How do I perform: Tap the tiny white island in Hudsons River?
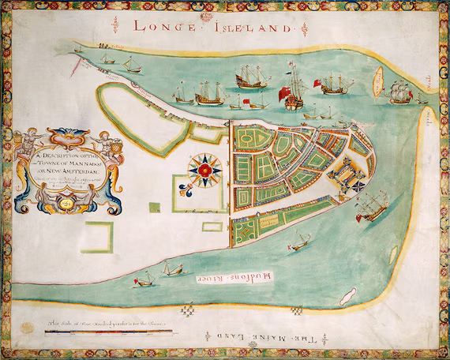coord(344,299)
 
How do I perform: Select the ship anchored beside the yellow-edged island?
coord(401,92)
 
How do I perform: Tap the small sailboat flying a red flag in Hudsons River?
coord(145,279)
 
